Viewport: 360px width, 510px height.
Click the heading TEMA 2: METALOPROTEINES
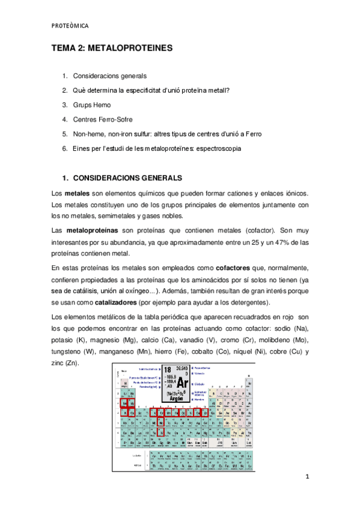coord(112,47)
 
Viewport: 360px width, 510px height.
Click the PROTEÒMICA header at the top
coord(70,26)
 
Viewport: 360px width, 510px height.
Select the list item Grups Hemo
coord(91,105)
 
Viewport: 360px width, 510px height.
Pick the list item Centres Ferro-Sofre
coord(101,119)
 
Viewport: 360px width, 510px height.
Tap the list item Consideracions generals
coord(109,76)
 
